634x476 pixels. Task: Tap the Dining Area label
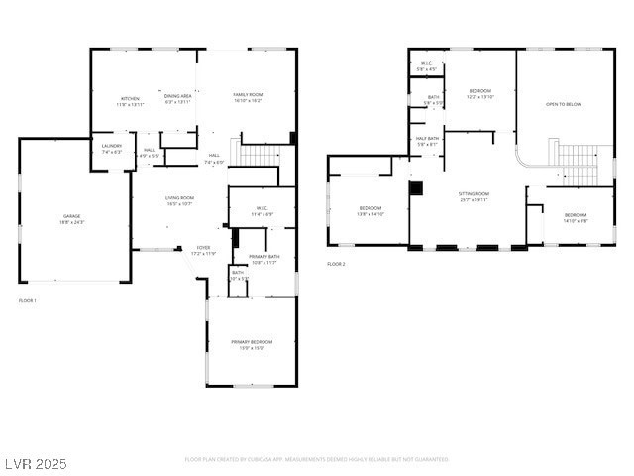[177, 99]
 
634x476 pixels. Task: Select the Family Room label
[247, 97]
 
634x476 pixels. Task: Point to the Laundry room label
[111, 149]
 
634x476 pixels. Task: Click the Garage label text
[72, 218]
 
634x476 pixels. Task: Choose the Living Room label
[179, 200]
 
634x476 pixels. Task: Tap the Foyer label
[202, 250]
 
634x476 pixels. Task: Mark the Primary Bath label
[264, 259]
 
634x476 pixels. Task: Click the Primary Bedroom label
[251, 344]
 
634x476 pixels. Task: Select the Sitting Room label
[474, 196]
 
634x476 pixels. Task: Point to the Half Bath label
[428, 141]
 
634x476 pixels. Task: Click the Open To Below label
[564, 104]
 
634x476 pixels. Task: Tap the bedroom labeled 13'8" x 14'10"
[370, 210]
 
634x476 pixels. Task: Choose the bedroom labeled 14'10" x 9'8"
[576, 217]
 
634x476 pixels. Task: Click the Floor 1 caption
[28, 300]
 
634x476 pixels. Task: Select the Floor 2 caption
[336, 264]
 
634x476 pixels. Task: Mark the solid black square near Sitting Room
[416, 187]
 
